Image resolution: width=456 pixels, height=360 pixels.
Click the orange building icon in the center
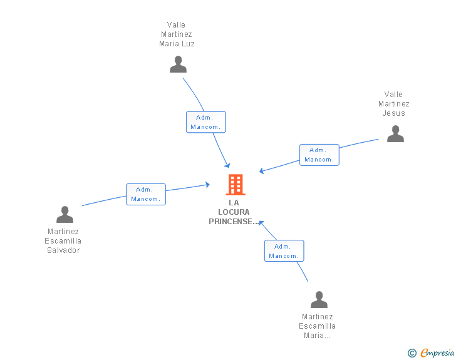pyautogui.click(x=236, y=185)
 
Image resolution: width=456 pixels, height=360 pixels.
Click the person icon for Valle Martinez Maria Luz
pyautogui.click(x=178, y=64)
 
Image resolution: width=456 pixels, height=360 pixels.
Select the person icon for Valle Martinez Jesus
pyautogui.click(x=395, y=134)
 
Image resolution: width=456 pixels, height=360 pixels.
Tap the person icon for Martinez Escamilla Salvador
pyautogui.click(x=65, y=215)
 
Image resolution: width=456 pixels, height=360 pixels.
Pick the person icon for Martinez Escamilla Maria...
pyautogui.click(x=319, y=300)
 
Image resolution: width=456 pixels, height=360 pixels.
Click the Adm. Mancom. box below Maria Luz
pyautogui.click(x=205, y=122)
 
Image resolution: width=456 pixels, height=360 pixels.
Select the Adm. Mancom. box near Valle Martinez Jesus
pyautogui.click(x=319, y=155)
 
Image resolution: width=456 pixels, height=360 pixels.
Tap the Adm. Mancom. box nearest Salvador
pyautogui.click(x=146, y=194)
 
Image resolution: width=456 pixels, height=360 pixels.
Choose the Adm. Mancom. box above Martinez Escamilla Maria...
pyautogui.click(x=284, y=250)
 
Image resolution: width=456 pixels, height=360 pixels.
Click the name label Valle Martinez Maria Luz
pyautogui.click(x=177, y=34)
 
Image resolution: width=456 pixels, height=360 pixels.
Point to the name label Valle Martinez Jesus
pyautogui.click(x=394, y=104)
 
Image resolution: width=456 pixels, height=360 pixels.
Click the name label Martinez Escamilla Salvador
pyautogui.click(x=63, y=241)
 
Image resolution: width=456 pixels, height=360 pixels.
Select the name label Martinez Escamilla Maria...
pyautogui.click(x=318, y=326)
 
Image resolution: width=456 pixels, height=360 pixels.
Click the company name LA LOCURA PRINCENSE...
pyautogui.click(x=234, y=212)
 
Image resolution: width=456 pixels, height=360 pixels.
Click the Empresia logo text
pyautogui.click(x=437, y=353)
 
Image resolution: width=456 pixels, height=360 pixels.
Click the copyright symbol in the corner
pyautogui.click(x=412, y=353)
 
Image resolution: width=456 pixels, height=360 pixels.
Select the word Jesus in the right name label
pyautogui.click(x=394, y=113)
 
